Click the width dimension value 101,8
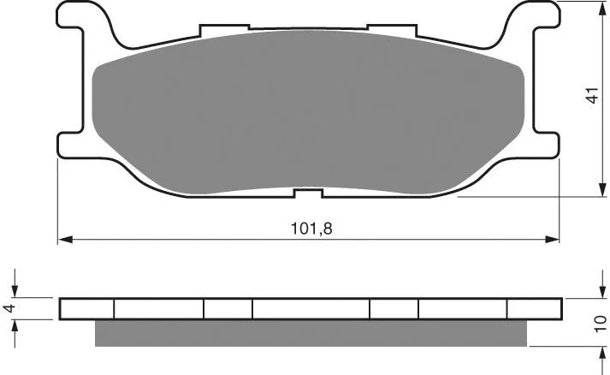[311, 229]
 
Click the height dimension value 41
[592, 95]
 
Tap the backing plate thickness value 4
[9, 308]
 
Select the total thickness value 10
[601, 324]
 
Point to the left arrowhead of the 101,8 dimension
[64, 240]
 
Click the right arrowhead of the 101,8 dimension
[552, 240]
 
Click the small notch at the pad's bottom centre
[308, 193]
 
